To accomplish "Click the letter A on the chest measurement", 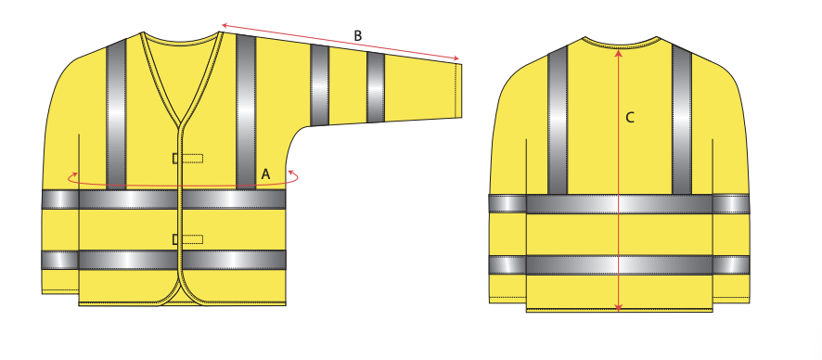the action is (x=265, y=174).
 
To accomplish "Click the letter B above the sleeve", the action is (x=357, y=35).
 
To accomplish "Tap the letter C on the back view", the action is (x=630, y=118).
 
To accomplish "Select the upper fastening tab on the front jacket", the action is (x=187, y=159).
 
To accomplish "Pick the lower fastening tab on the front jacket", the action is (x=187, y=239).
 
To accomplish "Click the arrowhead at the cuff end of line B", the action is (x=456, y=58).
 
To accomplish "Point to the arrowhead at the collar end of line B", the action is (x=225, y=25).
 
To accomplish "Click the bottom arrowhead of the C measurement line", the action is (x=619, y=308).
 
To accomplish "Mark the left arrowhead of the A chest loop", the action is (x=74, y=174).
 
